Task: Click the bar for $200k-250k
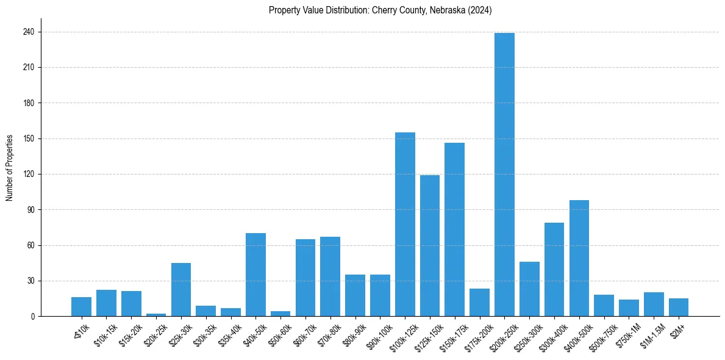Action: (504, 175)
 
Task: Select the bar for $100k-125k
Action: (405, 224)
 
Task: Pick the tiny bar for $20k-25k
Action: (156, 315)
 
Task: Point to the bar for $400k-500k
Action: (579, 258)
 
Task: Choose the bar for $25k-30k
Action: (181, 289)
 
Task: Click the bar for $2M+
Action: (679, 307)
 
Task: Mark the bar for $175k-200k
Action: (479, 302)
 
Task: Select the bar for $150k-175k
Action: (454, 229)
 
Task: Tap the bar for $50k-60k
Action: (280, 314)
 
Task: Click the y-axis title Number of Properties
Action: (10, 168)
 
